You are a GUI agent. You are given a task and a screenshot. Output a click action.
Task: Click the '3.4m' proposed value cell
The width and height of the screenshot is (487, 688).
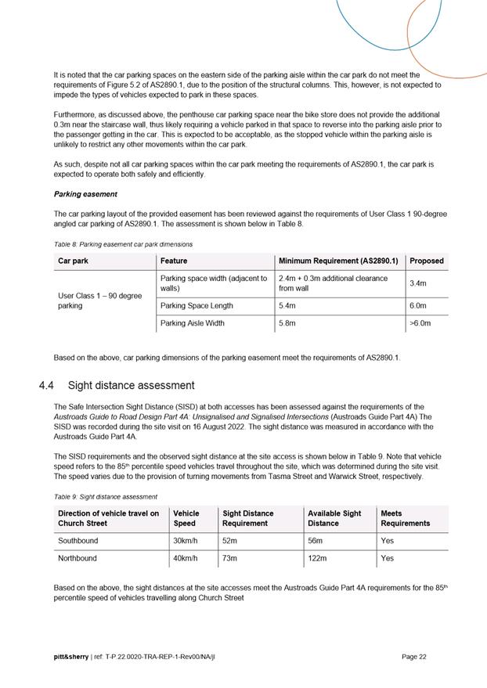[419, 284]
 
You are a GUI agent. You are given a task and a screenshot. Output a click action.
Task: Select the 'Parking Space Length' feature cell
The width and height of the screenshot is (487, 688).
[197, 305]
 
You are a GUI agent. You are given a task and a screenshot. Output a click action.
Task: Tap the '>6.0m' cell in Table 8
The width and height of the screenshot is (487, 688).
[420, 322]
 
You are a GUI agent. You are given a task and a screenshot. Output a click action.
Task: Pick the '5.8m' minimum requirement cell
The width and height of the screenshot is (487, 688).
[289, 322]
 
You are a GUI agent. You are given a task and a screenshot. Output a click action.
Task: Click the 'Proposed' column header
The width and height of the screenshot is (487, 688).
[427, 261]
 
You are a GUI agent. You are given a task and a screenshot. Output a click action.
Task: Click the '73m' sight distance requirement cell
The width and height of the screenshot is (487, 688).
[233, 558]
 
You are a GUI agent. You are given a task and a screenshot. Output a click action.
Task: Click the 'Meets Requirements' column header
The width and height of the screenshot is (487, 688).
[406, 518]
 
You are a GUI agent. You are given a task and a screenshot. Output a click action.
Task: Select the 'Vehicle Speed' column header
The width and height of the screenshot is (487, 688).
[186, 518]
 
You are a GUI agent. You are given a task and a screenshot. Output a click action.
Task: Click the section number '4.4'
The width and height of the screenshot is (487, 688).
[47, 385]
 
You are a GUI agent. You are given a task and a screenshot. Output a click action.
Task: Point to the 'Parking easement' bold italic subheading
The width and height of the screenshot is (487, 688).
[85, 194]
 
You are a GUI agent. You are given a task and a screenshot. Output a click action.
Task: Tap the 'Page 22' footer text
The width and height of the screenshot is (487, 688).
[414, 657]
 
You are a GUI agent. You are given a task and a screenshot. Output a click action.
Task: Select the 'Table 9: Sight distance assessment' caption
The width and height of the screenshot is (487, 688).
[106, 496]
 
